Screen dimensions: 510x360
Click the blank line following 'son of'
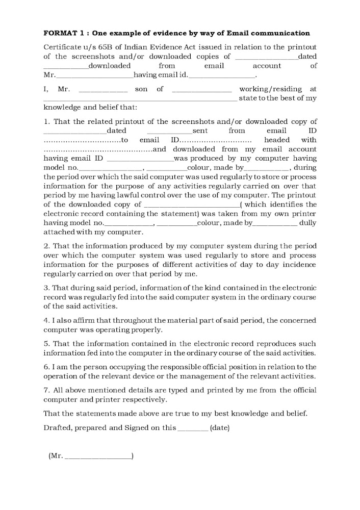[x=202, y=90]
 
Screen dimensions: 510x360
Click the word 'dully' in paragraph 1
[x=307, y=223]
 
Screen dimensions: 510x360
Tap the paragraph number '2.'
[x=47, y=246]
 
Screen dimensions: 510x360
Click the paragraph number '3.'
[x=47, y=288]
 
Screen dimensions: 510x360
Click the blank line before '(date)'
[x=192, y=429]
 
